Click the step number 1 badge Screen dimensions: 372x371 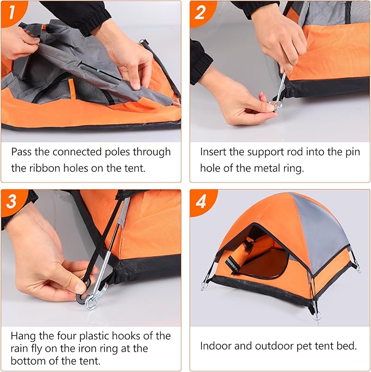(x=12, y=12)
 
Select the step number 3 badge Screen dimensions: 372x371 (x=12, y=200)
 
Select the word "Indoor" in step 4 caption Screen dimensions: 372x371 (x=216, y=346)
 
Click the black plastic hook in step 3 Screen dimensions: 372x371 (x=85, y=284)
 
